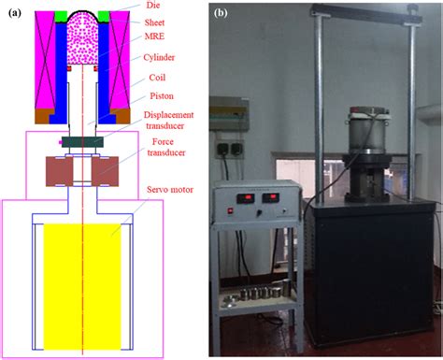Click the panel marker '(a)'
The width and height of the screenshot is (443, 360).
(11, 12)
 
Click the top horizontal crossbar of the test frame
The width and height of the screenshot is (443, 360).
(361, 8)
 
